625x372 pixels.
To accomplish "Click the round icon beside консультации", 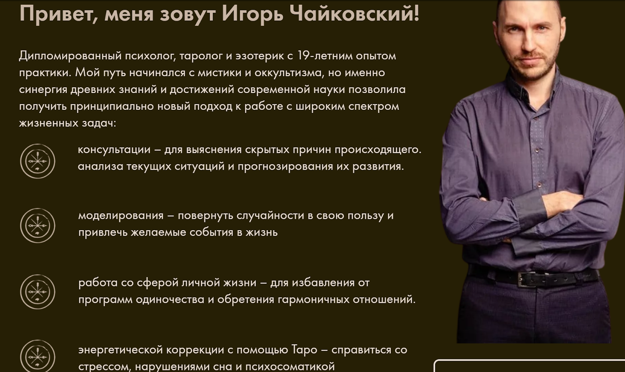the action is [x=37, y=161].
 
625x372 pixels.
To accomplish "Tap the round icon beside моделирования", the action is [x=37, y=225].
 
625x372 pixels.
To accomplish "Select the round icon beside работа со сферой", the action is [x=37, y=292].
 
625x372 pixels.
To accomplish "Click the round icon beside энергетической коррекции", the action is [x=37, y=357].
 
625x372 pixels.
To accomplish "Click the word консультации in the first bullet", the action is [x=114, y=150].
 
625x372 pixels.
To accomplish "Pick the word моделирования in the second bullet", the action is [x=121, y=216].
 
